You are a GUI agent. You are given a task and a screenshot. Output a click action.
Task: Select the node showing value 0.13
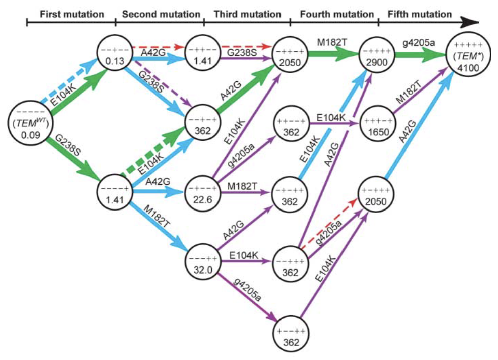[x=115, y=53]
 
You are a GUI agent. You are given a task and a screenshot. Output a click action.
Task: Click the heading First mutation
[x=72, y=14]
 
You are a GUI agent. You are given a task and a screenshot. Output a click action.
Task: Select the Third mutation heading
[x=247, y=14]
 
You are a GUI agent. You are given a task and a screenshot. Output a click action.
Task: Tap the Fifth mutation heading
[x=420, y=14]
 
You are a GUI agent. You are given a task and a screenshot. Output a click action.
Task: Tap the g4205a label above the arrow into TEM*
[x=419, y=43]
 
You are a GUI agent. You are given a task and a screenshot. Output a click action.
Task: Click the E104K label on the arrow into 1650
[x=331, y=118]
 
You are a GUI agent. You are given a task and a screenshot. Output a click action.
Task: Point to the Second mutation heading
[x=161, y=14]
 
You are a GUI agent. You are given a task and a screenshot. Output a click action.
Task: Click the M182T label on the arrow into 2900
[x=332, y=42]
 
